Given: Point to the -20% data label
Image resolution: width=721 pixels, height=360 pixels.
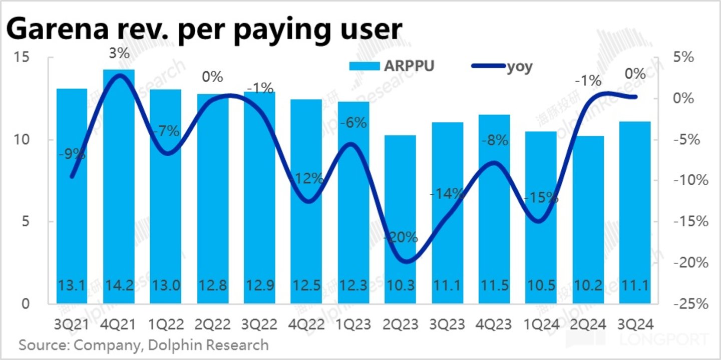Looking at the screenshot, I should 401,237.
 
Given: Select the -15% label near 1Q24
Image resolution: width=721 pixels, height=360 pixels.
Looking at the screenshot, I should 541,197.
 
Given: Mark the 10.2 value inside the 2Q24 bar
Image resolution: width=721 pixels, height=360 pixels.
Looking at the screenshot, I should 588,285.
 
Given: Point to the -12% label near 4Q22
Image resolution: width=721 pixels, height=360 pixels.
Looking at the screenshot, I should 306,178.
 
